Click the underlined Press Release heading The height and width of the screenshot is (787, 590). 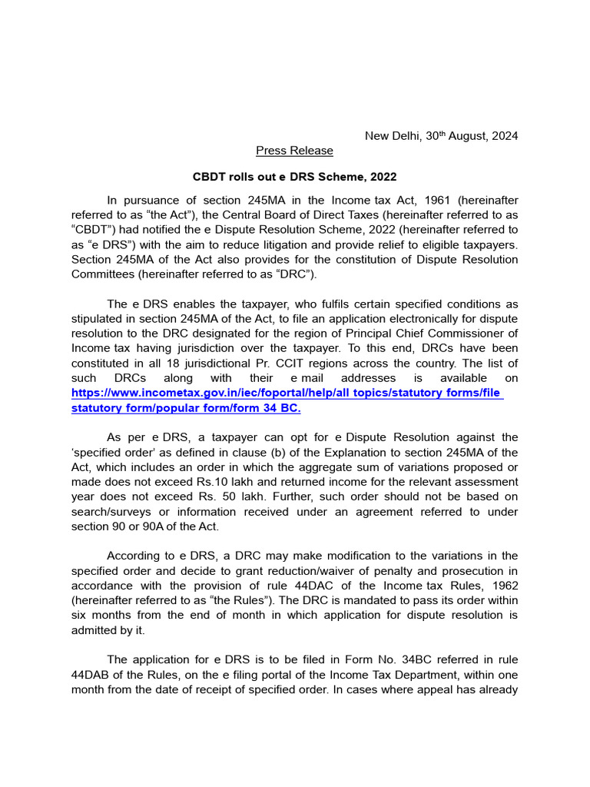click(294, 151)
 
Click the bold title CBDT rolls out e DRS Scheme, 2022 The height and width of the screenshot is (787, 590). click(294, 177)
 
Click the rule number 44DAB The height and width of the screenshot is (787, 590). click(93, 674)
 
